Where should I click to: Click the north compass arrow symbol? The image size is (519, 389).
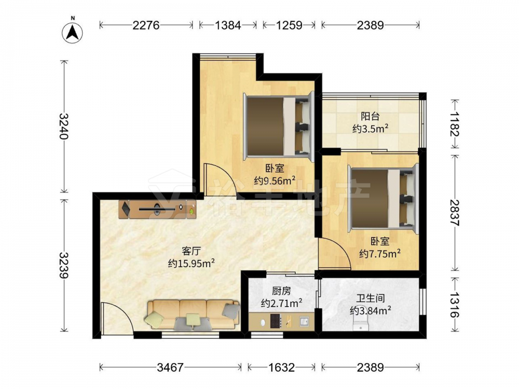73,32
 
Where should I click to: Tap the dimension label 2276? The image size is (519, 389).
146,25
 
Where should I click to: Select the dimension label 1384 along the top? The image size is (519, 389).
228,25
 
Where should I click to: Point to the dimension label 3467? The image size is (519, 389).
170,368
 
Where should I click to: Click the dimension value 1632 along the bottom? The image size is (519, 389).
281,368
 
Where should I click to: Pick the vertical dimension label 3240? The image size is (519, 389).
64,127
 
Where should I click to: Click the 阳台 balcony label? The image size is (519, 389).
370,116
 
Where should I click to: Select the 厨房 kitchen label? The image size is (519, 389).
281,291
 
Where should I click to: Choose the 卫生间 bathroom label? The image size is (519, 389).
371,298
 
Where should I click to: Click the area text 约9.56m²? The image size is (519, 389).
275,180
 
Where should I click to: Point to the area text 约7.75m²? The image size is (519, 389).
380,254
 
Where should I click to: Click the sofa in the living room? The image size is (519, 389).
193,315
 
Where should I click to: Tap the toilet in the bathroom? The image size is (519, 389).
360,326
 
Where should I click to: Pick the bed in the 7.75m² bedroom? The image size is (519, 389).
383,199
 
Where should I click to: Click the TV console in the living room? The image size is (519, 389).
158,209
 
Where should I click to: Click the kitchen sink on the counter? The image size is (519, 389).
304,321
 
